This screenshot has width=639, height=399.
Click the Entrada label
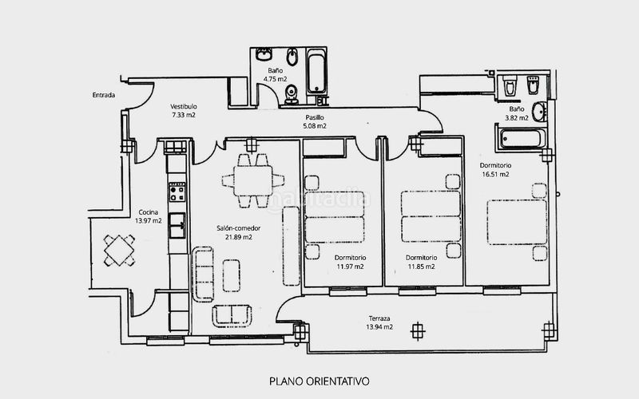[x=104, y=95]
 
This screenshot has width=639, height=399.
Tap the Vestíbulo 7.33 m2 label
[x=184, y=111]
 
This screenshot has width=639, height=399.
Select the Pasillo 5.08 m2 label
[x=315, y=122]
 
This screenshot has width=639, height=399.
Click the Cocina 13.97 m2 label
[x=149, y=216]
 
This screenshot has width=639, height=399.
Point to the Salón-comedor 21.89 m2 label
[x=238, y=232]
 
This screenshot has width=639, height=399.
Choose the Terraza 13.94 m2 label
[x=379, y=322]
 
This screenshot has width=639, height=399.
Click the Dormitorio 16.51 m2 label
[x=495, y=170]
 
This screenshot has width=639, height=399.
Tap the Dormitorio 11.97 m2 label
[x=350, y=263]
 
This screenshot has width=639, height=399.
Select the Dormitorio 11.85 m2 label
[x=422, y=263]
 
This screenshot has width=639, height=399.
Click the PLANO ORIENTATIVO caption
[x=319, y=381]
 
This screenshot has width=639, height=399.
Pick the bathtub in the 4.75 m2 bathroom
[x=316, y=72]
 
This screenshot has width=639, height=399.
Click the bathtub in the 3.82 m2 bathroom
[x=522, y=138]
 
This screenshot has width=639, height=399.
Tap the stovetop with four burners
[x=177, y=192]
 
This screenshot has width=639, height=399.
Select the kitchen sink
[x=177, y=225]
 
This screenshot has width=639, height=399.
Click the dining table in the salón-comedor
[x=253, y=181]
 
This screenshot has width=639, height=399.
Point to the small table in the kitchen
[x=118, y=251]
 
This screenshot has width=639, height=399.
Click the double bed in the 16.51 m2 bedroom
[x=517, y=222]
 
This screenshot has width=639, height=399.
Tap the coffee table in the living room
[x=232, y=275]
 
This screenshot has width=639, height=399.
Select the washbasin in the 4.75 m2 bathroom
[x=264, y=54]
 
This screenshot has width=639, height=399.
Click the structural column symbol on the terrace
[x=417, y=330]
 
